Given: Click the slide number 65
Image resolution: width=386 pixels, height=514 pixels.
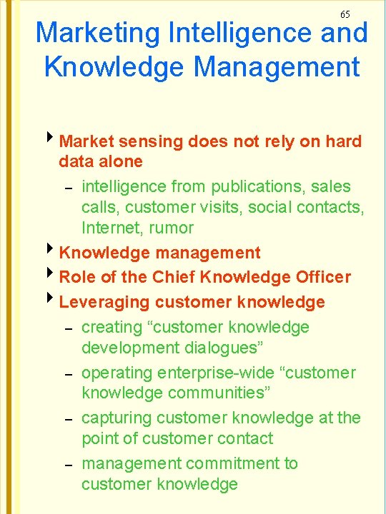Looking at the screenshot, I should pyautogui.click(x=345, y=14).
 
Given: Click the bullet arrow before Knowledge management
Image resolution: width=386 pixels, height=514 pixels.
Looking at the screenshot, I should pyautogui.click(x=51, y=251).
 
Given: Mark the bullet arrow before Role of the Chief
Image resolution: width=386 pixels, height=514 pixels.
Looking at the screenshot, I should pyautogui.click(x=51, y=276).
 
